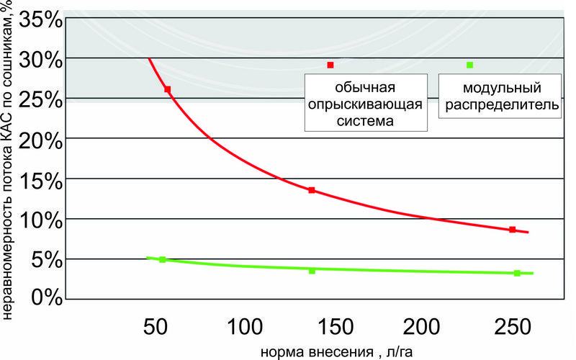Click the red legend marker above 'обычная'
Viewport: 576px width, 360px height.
click(x=330, y=66)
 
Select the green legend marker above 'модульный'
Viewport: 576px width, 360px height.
click(x=470, y=66)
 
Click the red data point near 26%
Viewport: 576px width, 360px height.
click(x=168, y=89)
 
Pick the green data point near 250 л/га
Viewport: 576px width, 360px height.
click(x=517, y=273)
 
